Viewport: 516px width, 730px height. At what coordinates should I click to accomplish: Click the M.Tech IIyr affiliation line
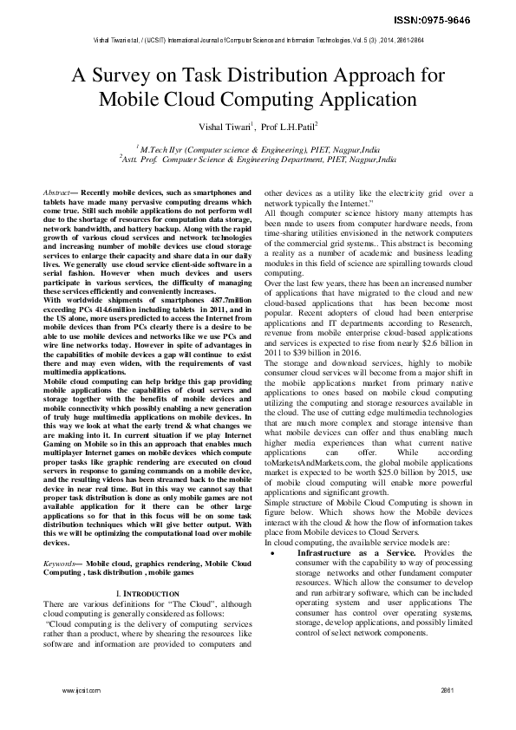coord(258,149)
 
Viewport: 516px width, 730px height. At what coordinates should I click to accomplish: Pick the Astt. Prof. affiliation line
coord(258,160)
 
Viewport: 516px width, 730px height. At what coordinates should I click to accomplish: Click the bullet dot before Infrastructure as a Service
coord(273,528)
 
